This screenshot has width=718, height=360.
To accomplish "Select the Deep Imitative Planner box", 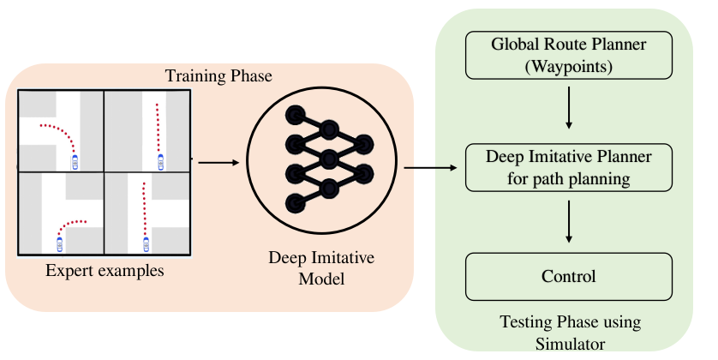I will pyautogui.click(x=569, y=168).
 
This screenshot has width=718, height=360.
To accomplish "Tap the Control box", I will pyautogui.click(x=569, y=276).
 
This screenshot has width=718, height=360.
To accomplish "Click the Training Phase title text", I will pyautogui.click(x=218, y=77).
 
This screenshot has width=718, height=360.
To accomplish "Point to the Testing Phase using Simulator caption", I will pyautogui.click(x=570, y=333).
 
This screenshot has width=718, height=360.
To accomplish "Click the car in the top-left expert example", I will pyautogui.click(x=75, y=160).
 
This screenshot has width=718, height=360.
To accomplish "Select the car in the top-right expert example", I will pyautogui.click(x=159, y=161).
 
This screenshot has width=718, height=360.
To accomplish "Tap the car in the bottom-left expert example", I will pyautogui.click(x=59, y=243).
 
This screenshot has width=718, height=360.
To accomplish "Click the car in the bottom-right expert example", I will pyautogui.click(x=146, y=243).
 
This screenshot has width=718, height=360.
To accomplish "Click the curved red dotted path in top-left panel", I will pyautogui.click(x=60, y=130).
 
